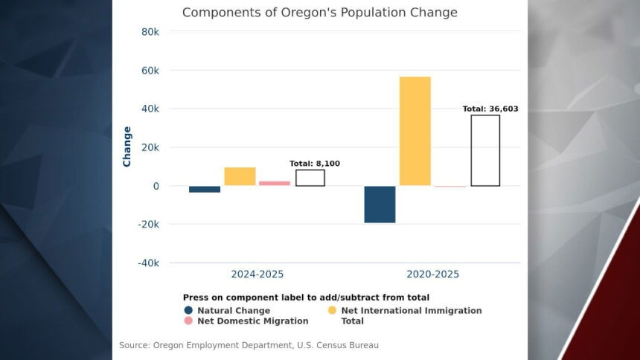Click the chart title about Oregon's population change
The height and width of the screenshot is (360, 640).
click(x=319, y=13)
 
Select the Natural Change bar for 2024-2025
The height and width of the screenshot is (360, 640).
click(x=205, y=189)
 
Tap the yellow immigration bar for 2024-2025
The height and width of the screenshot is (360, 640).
click(x=240, y=176)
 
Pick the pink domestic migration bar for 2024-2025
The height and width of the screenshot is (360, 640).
click(x=275, y=183)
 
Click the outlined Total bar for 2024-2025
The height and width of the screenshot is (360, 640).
click(x=310, y=178)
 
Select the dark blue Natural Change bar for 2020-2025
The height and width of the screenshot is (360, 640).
click(x=380, y=204)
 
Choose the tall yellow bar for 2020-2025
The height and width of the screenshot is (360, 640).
click(x=415, y=131)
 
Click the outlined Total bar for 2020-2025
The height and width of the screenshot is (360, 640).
click(x=485, y=150)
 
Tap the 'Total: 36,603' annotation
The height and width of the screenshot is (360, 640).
click(x=490, y=109)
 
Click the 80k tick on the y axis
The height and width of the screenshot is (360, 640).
click(x=150, y=32)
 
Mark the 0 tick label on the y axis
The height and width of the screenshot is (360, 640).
click(x=156, y=186)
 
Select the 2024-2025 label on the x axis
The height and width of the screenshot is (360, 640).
click(x=257, y=274)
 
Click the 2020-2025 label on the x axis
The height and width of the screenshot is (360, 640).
click(x=432, y=274)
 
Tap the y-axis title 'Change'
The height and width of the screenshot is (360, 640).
click(x=127, y=147)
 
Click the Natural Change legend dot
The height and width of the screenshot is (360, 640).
click(x=188, y=310)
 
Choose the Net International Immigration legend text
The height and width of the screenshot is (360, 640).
click(x=412, y=310)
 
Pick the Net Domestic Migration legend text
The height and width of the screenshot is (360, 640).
click(x=252, y=321)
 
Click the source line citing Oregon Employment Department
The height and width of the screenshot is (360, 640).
click(x=249, y=345)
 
